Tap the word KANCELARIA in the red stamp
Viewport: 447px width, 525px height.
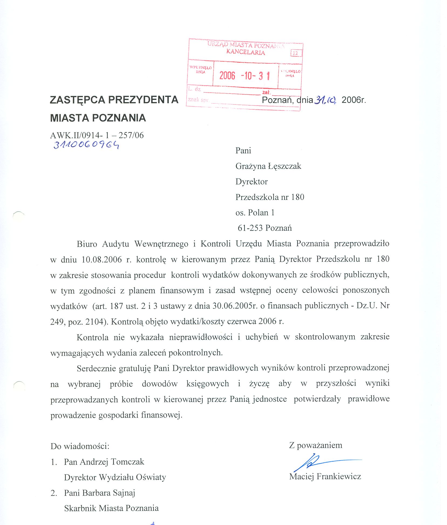[246, 52]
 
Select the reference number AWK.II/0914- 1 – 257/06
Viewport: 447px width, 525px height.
[97, 135]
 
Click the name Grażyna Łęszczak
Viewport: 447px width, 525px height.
[268, 166]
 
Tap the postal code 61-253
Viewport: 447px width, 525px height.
[250, 228]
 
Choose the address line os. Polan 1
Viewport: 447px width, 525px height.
[255, 213]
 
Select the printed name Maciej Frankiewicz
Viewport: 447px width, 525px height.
[325, 476]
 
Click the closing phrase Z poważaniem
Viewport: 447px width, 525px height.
[316, 445]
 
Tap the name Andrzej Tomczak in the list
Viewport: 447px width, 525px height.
[112, 462]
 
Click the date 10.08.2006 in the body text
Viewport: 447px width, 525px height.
[102, 260]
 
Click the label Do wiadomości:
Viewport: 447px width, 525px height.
[80, 446]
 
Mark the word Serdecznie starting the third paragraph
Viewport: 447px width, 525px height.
[96, 368]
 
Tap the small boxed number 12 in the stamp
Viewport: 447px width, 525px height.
[296, 53]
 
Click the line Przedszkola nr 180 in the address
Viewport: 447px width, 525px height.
[270, 197]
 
